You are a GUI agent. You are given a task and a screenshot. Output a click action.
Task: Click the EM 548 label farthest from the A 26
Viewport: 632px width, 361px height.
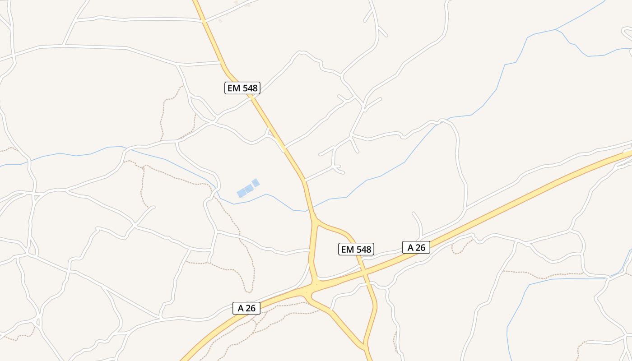click(x=242, y=88)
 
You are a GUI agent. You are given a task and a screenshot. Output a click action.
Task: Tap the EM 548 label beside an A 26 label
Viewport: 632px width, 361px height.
click(x=356, y=249)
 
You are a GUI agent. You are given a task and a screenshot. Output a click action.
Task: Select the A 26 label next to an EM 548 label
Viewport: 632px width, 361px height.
click(x=416, y=247)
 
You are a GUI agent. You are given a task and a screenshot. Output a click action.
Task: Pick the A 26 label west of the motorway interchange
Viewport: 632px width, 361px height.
click(x=246, y=308)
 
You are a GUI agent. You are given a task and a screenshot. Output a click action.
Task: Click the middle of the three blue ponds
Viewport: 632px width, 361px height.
click(x=249, y=189)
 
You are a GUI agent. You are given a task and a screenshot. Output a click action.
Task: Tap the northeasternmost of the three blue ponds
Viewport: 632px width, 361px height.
click(x=256, y=183)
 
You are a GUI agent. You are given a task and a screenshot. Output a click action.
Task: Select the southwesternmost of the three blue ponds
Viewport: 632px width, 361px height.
click(x=242, y=193)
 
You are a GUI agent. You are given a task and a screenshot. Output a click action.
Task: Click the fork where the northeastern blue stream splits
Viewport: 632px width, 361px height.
click(x=556, y=29)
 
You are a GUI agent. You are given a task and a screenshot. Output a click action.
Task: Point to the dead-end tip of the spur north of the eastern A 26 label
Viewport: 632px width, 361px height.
click(x=413, y=213)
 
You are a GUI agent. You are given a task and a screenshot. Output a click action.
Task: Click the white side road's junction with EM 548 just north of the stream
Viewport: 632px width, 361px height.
click(x=305, y=180)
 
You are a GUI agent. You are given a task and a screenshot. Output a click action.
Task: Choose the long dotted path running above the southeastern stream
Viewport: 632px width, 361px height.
click(x=542, y=273)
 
